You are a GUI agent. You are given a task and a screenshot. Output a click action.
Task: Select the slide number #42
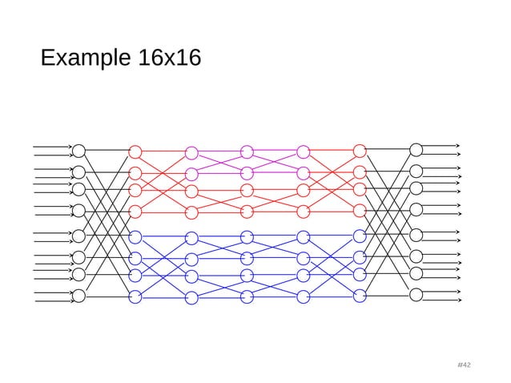463,365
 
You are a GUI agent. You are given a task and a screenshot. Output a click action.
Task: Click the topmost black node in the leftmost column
79,151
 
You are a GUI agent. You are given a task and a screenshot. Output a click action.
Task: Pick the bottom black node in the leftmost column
79,297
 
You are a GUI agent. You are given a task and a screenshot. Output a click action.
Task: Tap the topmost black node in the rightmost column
416,149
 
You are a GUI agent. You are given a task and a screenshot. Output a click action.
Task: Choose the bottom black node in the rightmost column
416,294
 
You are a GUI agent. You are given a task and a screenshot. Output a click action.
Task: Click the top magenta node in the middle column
247,152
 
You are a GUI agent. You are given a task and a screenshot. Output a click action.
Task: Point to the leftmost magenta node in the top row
191,152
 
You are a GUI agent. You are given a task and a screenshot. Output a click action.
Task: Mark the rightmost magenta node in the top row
304,152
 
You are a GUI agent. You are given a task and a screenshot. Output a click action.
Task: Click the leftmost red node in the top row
135,151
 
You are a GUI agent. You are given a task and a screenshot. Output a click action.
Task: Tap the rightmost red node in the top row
360,151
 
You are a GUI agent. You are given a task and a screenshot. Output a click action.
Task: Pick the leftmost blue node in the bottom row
135,297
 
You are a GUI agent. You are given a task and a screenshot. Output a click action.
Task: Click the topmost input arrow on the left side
52,147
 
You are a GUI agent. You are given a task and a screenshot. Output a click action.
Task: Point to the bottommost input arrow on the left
52,302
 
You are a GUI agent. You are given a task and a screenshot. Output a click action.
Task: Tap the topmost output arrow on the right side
441,145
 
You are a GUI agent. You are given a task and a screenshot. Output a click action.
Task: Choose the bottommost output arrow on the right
441,300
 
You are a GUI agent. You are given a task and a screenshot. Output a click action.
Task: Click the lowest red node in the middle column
247,212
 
